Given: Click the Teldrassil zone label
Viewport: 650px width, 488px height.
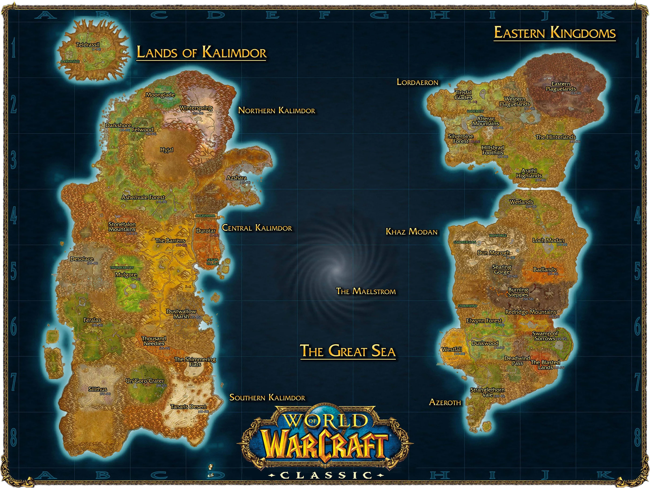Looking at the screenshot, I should coord(88,45).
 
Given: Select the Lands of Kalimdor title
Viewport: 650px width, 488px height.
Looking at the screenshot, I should coord(201,53).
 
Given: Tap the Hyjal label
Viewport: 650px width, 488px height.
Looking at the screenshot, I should coord(167,150).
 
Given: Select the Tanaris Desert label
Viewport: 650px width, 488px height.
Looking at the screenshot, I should coord(188,407).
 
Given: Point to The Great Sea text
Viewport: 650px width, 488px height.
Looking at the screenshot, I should coord(348,351).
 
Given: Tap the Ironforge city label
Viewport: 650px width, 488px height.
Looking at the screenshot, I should coord(498,236).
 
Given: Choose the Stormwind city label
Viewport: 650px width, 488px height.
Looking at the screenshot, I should coord(467,306).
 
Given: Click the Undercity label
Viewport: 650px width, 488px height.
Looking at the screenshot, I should coord(475,111).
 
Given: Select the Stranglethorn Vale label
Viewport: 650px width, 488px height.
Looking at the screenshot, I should coord(487,392).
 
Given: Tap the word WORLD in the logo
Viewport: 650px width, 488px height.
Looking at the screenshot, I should coord(326,421).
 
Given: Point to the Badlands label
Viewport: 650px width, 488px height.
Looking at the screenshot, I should coord(544,269).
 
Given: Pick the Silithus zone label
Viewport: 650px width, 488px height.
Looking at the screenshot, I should coord(98,389).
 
